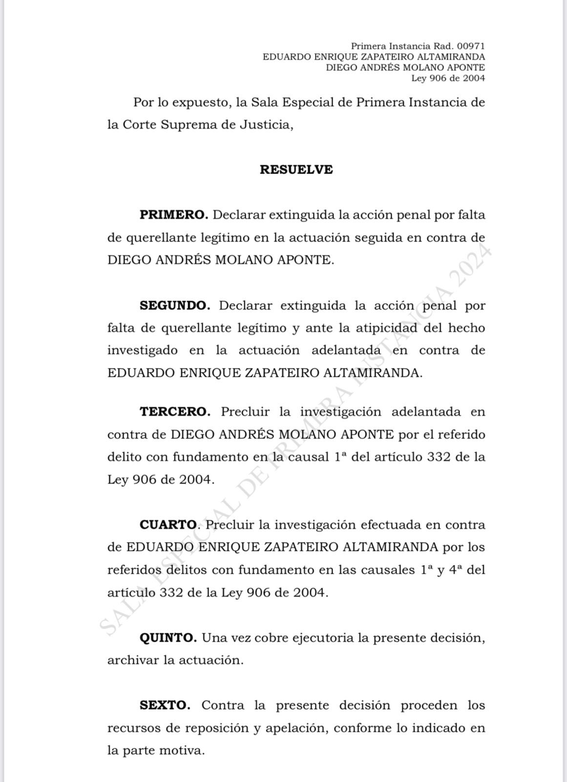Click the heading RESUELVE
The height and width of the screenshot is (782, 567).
tap(296, 170)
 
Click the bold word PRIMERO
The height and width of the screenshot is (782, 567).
tap(174, 215)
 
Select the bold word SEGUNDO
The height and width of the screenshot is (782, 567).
tap(175, 305)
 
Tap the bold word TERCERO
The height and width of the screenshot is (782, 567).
tap(175, 412)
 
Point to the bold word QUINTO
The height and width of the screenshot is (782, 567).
tap(168, 638)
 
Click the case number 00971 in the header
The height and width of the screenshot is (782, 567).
tap(471, 46)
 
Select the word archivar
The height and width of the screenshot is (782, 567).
tap(133, 660)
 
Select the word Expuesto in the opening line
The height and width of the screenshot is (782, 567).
tap(200, 103)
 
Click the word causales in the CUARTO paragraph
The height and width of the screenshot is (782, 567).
tap(387, 570)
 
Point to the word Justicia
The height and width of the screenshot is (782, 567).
tap(266, 125)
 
